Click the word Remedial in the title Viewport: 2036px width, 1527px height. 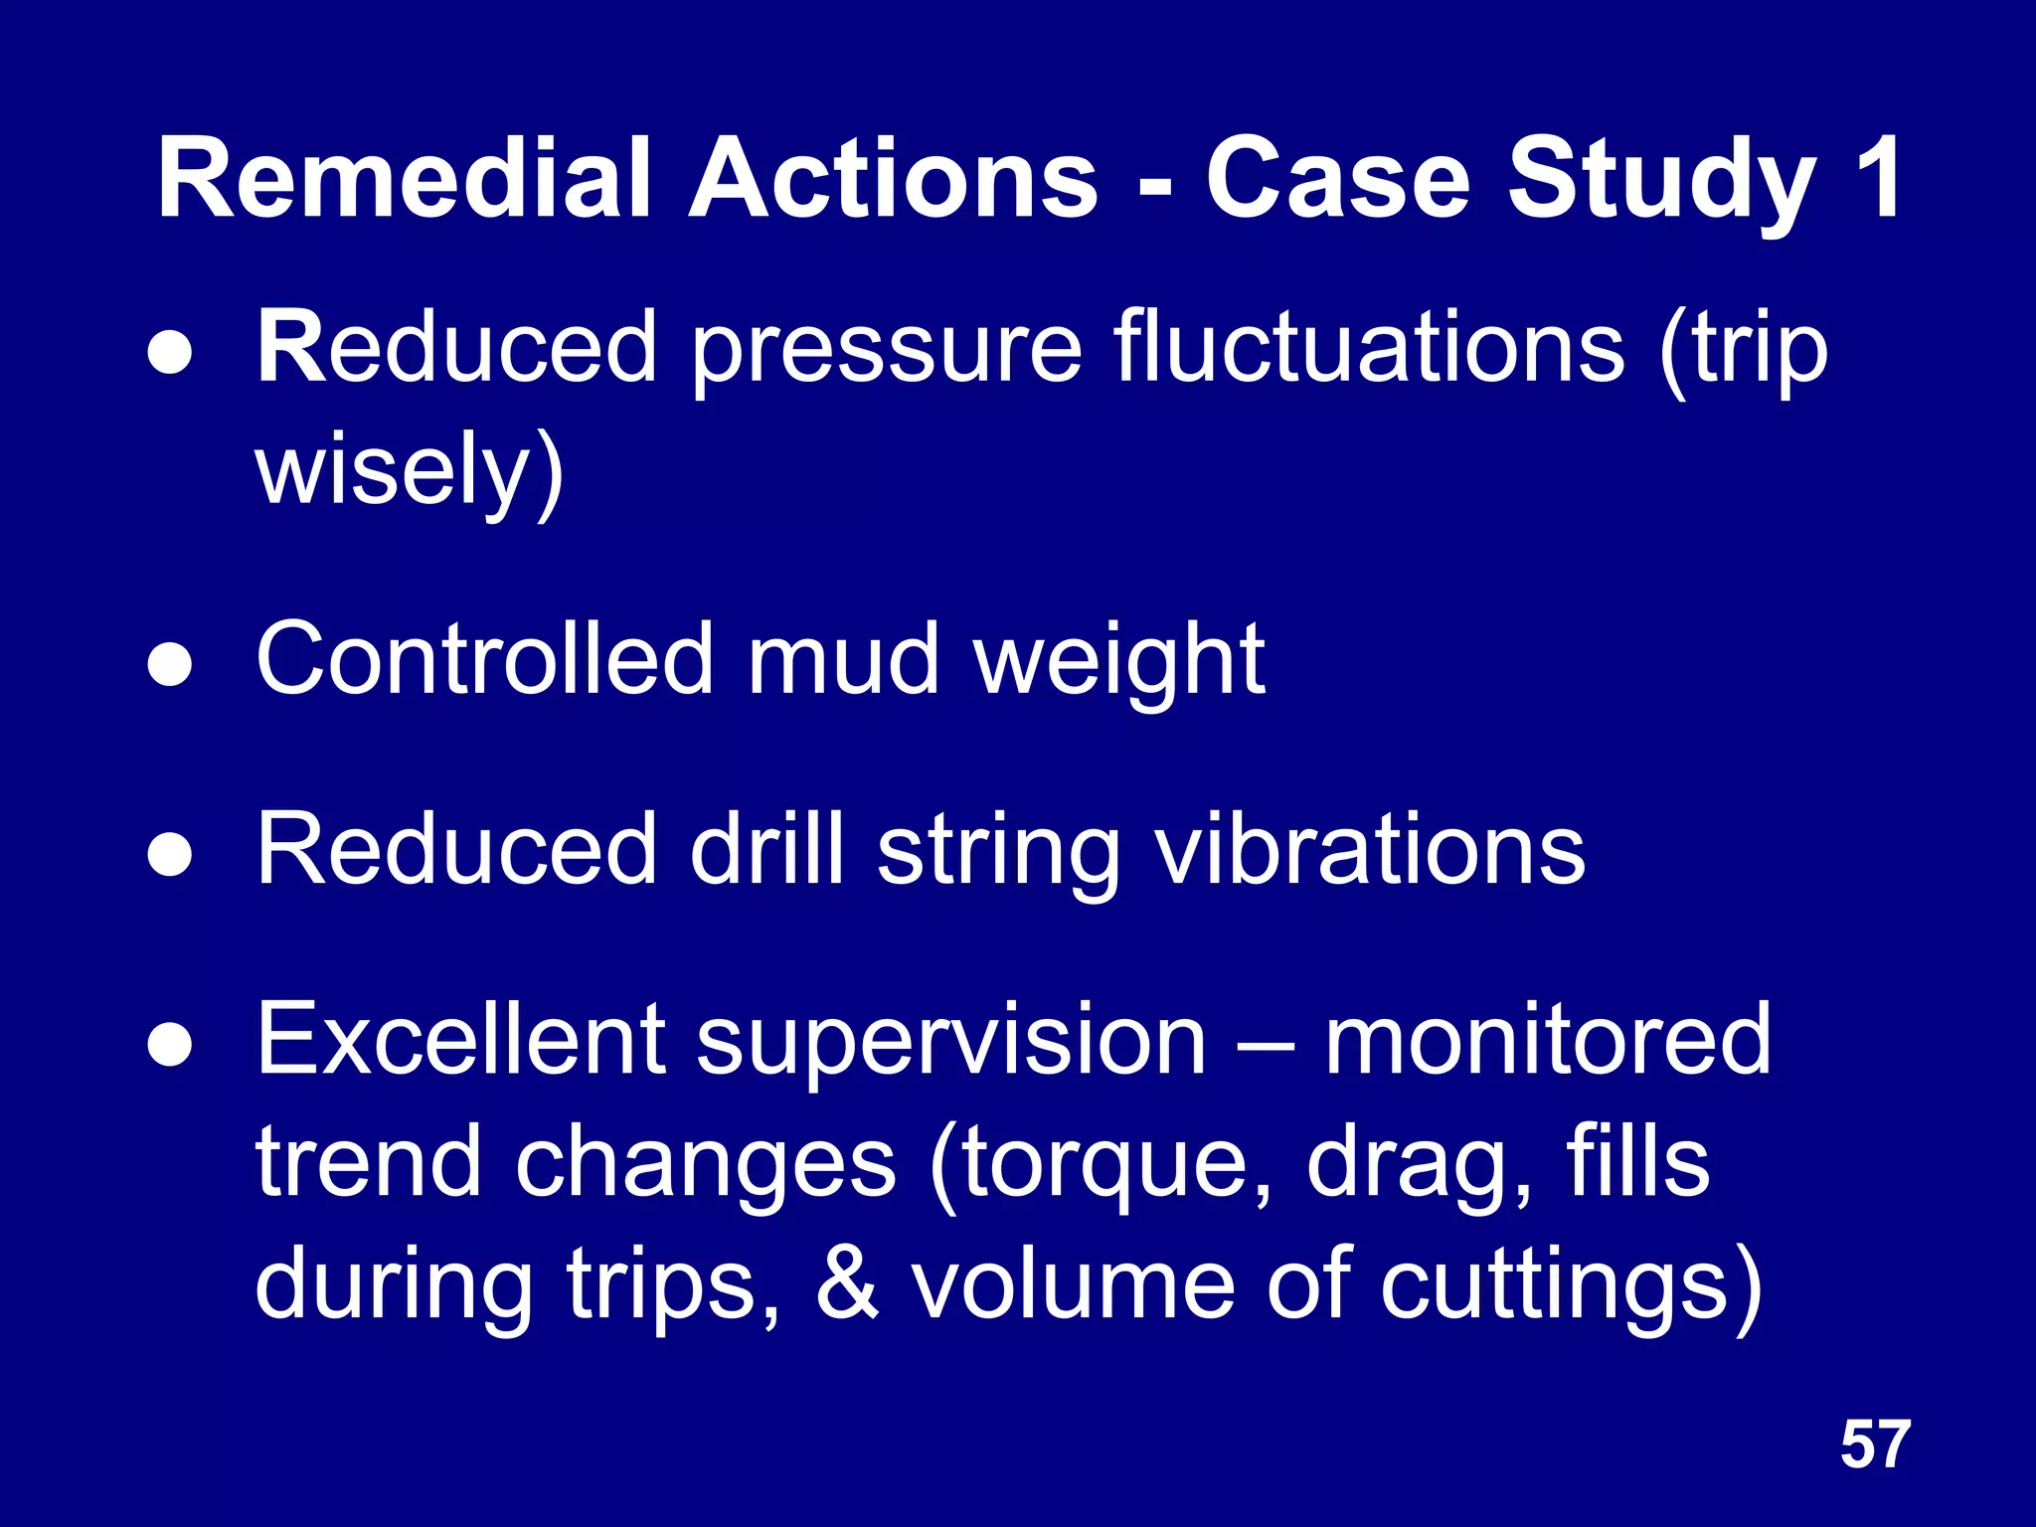point(404,179)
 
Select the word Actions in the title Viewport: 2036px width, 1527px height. point(894,179)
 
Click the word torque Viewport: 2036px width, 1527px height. point(1102,1165)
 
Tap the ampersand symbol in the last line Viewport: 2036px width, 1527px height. point(847,1283)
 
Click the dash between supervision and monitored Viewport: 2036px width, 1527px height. point(1266,1046)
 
